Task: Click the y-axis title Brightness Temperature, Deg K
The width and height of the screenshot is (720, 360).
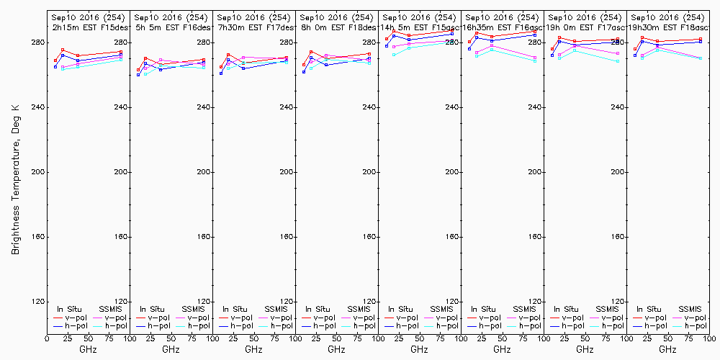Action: tap(15, 179)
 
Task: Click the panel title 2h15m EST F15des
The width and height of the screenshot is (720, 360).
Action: tap(88, 27)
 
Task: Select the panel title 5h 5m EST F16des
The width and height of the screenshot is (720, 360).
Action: tap(171, 27)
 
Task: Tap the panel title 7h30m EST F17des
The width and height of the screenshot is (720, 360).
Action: tap(253, 27)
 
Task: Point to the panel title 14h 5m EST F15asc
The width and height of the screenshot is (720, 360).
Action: tap(419, 27)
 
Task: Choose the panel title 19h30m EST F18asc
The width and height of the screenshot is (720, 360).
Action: tap(667, 27)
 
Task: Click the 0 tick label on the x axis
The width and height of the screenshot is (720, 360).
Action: tap(47, 338)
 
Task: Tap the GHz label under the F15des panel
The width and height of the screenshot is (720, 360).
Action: tap(88, 349)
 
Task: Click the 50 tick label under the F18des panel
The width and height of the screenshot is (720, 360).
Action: tap(336, 338)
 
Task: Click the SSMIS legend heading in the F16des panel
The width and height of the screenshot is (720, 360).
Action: tap(193, 309)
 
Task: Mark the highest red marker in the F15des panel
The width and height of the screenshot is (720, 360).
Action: tap(63, 50)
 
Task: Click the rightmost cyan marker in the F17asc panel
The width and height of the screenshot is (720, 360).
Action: tap(618, 62)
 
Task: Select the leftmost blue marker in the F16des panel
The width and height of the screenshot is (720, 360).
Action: tap(138, 75)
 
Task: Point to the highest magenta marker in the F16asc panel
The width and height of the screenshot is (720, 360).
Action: tap(492, 46)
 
